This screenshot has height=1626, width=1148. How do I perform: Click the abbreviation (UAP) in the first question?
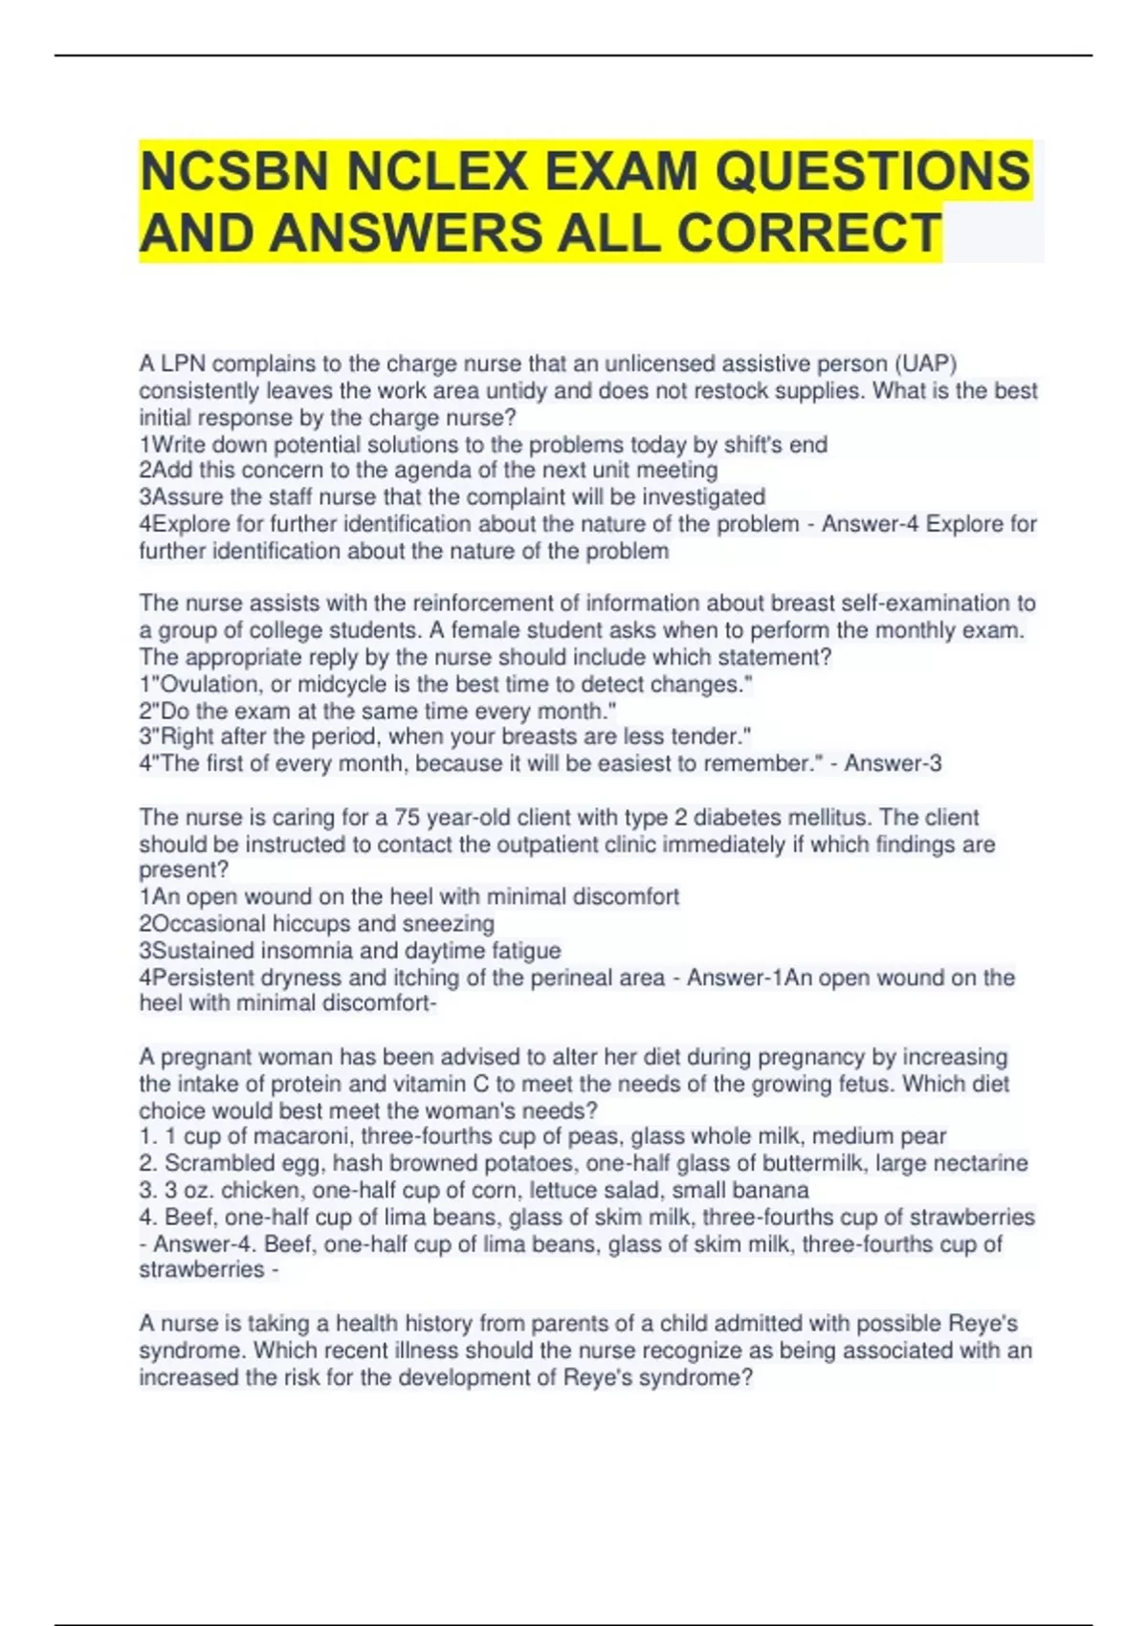click(x=926, y=364)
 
